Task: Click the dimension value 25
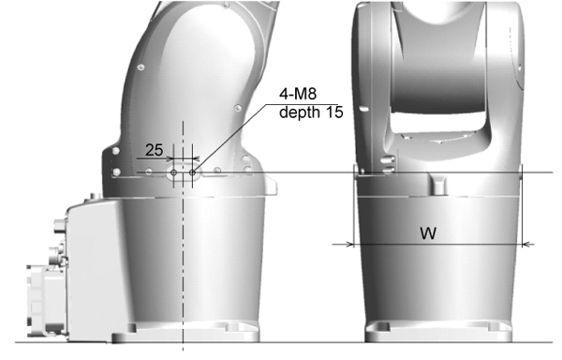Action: [x=155, y=150]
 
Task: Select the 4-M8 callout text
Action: [x=298, y=95]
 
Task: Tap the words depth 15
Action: [x=311, y=112]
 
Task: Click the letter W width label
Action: [x=428, y=233]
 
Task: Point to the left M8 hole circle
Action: [x=174, y=172]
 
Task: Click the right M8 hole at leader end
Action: [x=192, y=172]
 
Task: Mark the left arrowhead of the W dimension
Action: [x=349, y=245]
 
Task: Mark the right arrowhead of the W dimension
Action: [x=526, y=245]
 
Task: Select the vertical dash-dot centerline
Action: [x=184, y=236]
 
